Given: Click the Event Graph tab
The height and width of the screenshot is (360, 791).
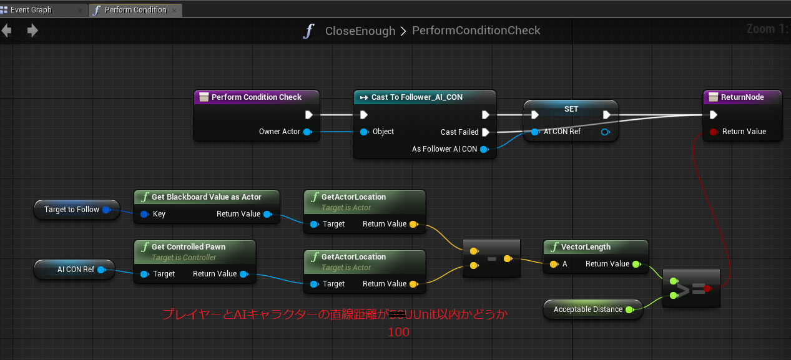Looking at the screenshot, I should pyautogui.click(x=31, y=10).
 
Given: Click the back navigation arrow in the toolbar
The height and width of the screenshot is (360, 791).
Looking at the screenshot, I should pyautogui.click(x=7, y=31).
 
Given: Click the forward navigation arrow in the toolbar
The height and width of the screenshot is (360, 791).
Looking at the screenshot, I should pyautogui.click(x=32, y=31).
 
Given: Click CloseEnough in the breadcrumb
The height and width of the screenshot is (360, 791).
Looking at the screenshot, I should pyautogui.click(x=360, y=31).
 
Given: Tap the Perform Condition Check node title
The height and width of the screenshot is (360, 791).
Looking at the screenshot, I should pyautogui.click(x=256, y=97).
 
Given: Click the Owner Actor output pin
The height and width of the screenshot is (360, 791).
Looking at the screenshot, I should pyautogui.click(x=307, y=132).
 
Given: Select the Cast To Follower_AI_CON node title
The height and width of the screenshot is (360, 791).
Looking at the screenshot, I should pyautogui.click(x=416, y=97).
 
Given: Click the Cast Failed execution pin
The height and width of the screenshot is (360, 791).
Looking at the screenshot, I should pyautogui.click(x=485, y=132).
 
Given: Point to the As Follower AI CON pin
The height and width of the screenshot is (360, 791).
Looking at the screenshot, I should pyautogui.click(x=483, y=149).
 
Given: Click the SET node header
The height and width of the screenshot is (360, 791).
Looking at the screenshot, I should pyautogui.click(x=571, y=109).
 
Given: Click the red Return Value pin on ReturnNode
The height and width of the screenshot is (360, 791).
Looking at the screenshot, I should pyautogui.click(x=713, y=132).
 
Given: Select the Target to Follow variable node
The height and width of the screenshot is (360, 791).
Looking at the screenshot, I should pyautogui.click(x=72, y=210).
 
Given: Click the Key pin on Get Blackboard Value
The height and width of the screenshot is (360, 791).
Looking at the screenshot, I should pyautogui.click(x=144, y=214).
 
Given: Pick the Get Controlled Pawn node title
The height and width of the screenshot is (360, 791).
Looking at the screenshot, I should pyautogui.click(x=188, y=247).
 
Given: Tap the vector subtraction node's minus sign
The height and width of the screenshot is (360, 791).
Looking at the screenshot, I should pyautogui.click(x=491, y=258).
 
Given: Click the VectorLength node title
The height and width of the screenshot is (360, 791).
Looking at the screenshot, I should pyautogui.click(x=586, y=247).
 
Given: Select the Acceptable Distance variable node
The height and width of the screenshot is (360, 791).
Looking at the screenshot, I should pyautogui.click(x=587, y=309).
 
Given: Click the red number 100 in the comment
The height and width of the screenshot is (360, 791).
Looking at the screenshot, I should pyautogui.click(x=398, y=333).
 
